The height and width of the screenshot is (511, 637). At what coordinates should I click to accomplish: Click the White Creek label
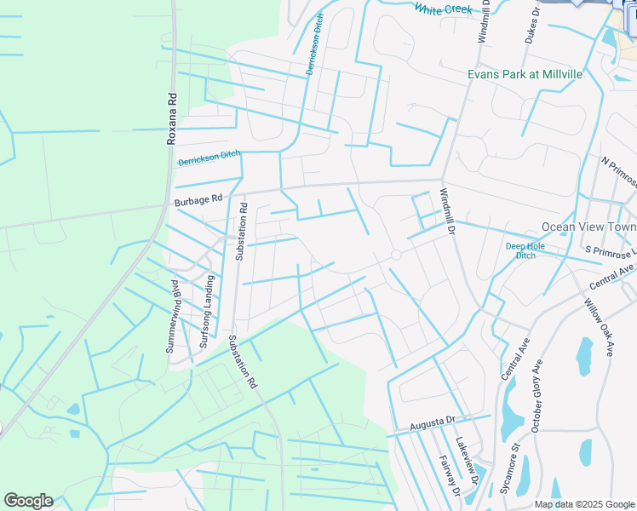point(443,9)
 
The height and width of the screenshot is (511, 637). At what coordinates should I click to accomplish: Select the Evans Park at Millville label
point(525,74)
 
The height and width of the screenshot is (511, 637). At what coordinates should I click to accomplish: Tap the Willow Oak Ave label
point(598,326)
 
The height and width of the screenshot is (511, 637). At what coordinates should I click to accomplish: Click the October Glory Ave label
point(537,396)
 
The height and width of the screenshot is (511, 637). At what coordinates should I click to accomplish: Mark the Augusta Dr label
point(433,422)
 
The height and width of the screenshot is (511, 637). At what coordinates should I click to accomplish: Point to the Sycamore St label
point(509,468)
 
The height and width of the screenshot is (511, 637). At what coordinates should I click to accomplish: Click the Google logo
point(28,501)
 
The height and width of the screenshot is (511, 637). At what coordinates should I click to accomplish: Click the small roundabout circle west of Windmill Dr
point(396,255)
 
